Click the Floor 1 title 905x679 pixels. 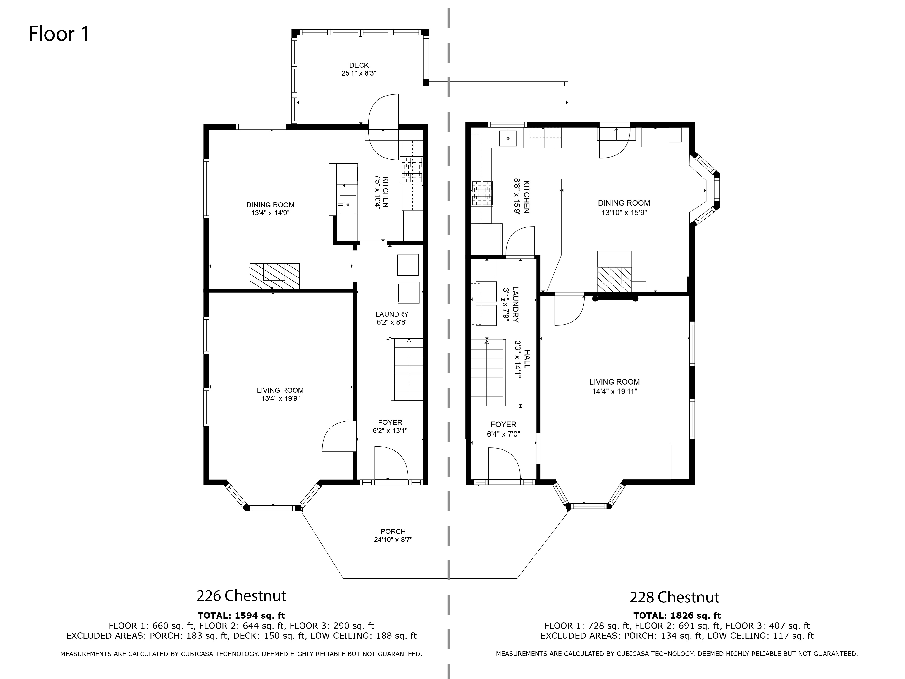click(59, 34)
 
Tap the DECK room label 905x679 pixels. click(359, 65)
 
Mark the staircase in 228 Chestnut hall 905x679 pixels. click(487, 373)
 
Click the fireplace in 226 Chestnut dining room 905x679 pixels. click(274, 276)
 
